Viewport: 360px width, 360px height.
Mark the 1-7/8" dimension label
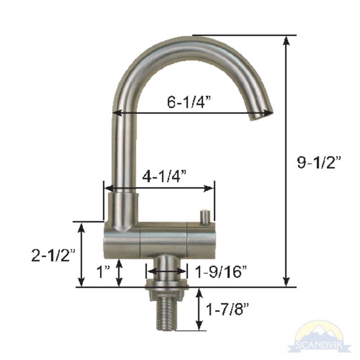pyautogui.click(x=228, y=309)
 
